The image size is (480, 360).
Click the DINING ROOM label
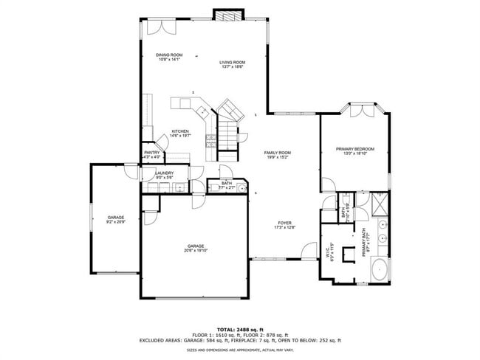[169, 55]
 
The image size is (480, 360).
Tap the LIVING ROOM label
[233, 62]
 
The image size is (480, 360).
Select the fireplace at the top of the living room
[224, 15]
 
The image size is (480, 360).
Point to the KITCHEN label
[180, 131]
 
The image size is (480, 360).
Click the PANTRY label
[151, 153]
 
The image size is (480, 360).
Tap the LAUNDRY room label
[164, 173]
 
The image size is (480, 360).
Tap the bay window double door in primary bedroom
[362, 110]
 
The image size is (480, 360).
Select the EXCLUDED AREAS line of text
[240, 340]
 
